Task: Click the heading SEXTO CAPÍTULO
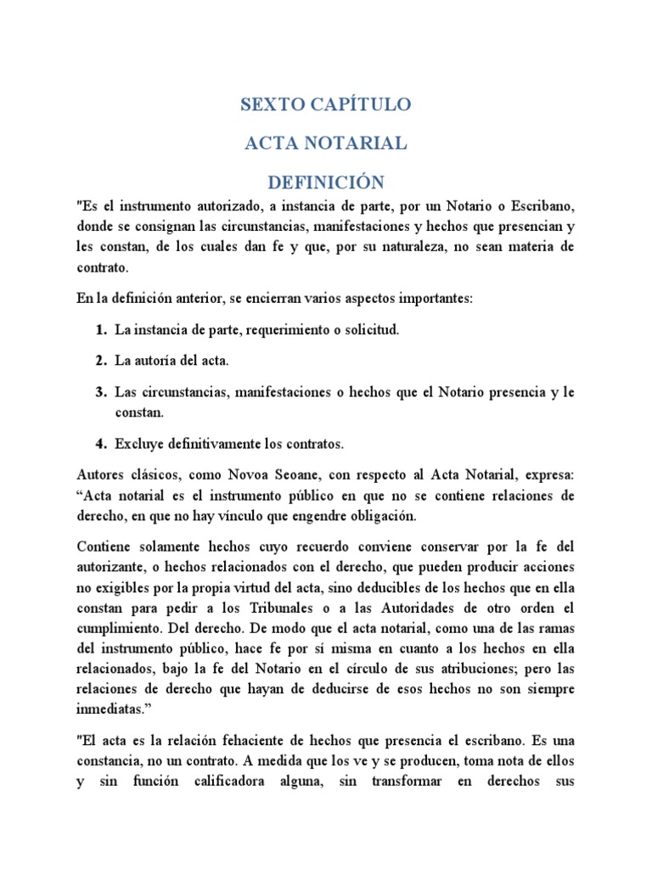pyautogui.click(x=325, y=104)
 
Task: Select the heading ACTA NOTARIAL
pyautogui.click(x=325, y=143)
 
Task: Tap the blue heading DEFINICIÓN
pyautogui.click(x=325, y=182)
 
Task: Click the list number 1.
pyautogui.click(x=101, y=329)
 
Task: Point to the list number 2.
pyautogui.click(x=101, y=361)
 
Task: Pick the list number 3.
pyautogui.click(x=101, y=392)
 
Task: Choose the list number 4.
pyautogui.click(x=101, y=444)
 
